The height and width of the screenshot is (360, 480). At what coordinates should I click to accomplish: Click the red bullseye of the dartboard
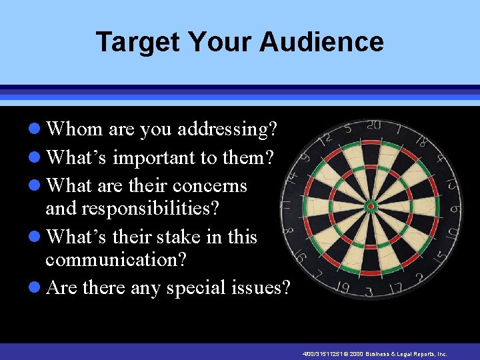click(x=371, y=207)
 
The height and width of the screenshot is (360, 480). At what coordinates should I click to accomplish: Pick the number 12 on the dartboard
click(x=326, y=138)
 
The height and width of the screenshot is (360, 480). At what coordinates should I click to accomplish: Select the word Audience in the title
click(x=321, y=41)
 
